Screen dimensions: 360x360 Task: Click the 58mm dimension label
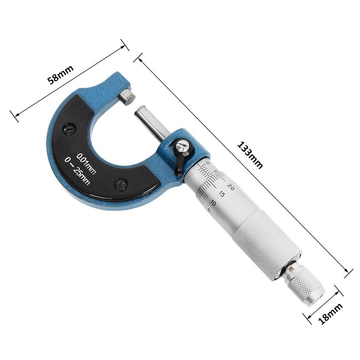[x=60, y=74]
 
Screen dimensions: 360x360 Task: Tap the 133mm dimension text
[x=250, y=155]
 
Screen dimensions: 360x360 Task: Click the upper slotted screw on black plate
[x=69, y=130]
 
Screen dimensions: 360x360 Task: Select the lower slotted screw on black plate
[x=121, y=184]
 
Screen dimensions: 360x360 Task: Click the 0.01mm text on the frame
[x=86, y=163]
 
